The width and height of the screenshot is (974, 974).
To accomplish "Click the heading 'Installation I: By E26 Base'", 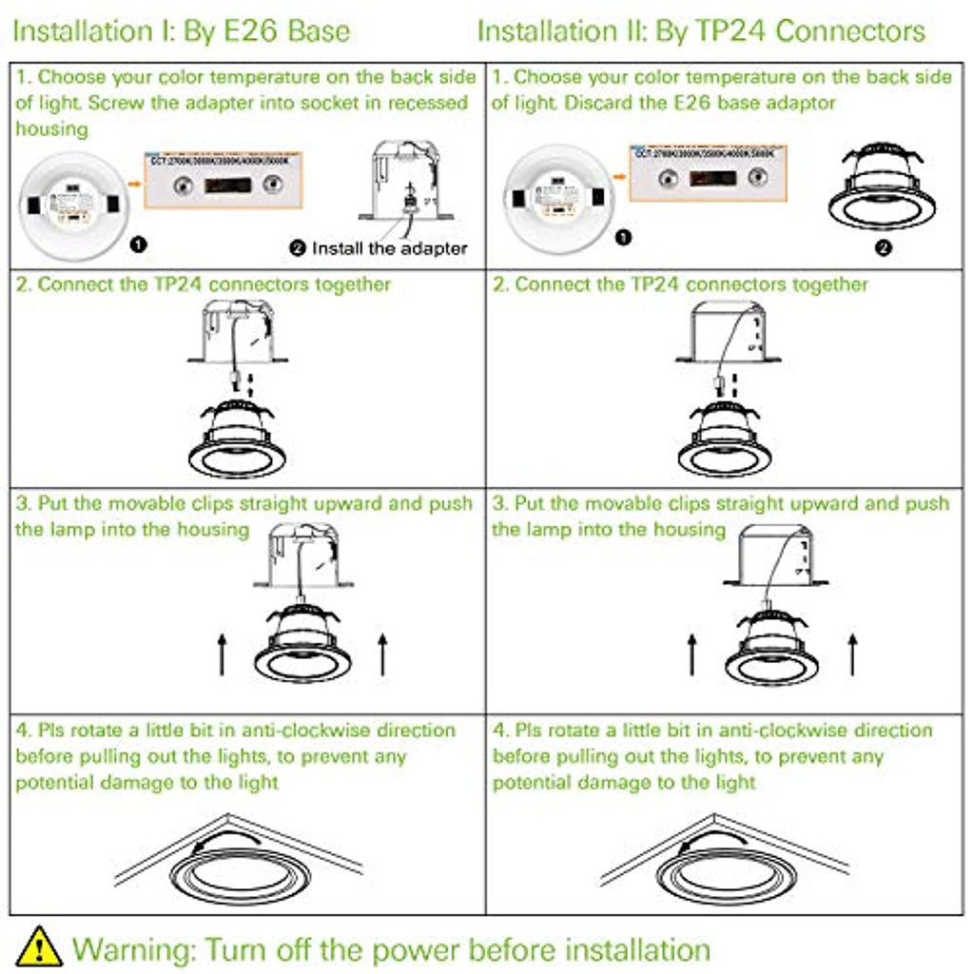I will (x=182, y=30).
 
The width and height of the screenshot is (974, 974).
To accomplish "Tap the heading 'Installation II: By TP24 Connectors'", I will (x=701, y=30).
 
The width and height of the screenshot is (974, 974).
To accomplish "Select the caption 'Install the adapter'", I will (x=380, y=248).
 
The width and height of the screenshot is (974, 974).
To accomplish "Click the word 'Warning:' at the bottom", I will (x=133, y=948).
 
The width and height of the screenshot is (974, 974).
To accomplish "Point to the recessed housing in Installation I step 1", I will (x=403, y=182).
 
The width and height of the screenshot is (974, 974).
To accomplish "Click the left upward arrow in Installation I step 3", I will (x=223, y=656).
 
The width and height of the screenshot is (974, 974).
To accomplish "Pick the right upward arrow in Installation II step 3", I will (x=852, y=654).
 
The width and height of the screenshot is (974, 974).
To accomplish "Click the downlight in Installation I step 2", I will (x=238, y=439).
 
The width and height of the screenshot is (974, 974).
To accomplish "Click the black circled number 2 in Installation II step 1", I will (x=883, y=247).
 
